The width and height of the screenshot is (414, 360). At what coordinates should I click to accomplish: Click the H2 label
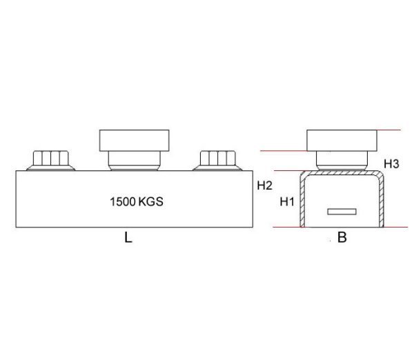(264, 186)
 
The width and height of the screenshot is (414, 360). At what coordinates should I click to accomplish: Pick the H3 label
(392, 164)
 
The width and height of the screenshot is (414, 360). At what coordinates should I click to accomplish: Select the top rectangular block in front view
(135, 140)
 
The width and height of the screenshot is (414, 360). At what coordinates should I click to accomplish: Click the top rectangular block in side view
(342, 140)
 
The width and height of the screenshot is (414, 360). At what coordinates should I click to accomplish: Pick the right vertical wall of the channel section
(383, 203)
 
